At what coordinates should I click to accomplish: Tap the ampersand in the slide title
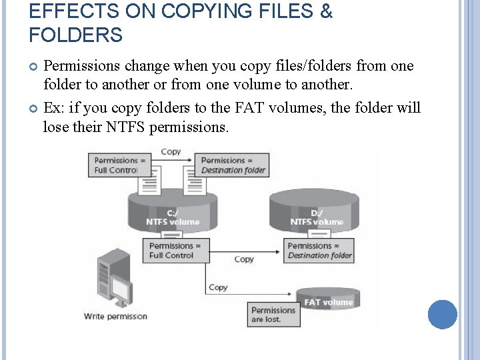325,11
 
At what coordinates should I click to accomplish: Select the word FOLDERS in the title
76,35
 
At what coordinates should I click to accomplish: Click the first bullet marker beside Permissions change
35,66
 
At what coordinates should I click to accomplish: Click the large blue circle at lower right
442,314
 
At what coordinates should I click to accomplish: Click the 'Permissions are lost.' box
275,315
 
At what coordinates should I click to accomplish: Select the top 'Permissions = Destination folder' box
233,165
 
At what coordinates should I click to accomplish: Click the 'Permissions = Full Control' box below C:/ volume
179,250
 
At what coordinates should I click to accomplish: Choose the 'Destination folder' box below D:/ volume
319,250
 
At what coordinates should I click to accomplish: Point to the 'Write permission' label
115,316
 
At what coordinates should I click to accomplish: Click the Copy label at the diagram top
171,152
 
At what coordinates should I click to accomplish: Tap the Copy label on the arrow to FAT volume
218,287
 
